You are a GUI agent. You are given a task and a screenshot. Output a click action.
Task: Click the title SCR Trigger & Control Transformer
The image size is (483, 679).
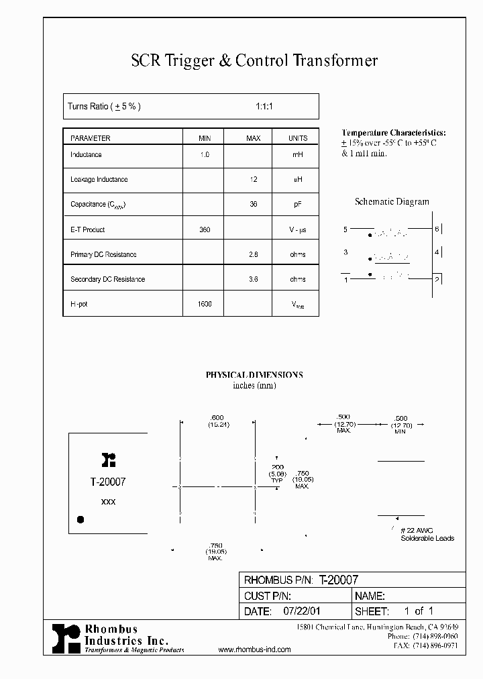point(254,61)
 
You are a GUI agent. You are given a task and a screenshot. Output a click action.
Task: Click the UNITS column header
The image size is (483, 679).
point(298,138)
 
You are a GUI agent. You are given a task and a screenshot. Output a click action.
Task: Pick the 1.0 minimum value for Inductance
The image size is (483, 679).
point(205,155)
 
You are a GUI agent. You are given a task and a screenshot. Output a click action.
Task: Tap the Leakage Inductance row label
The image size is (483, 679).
point(99,180)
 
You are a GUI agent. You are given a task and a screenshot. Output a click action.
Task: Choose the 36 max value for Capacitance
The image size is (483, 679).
point(254,205)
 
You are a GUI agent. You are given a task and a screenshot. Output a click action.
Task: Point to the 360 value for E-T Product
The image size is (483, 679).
point(205,229)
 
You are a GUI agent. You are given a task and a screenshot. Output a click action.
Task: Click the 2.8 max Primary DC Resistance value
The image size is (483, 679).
point(254,254)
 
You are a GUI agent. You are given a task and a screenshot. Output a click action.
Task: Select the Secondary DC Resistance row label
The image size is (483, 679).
point(107,279)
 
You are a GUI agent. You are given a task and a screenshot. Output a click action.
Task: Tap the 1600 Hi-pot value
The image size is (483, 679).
point(205,304)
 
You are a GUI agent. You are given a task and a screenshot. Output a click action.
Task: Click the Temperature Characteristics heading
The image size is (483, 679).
point(393,133)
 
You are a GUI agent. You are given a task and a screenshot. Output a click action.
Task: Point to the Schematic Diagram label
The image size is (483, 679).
point(392,201)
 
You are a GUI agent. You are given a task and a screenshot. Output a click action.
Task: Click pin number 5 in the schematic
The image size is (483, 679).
point(345,229)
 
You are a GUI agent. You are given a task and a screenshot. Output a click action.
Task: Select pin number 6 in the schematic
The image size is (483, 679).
point(437,229)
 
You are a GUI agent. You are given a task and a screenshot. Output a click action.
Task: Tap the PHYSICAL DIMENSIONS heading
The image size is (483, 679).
point(254,375)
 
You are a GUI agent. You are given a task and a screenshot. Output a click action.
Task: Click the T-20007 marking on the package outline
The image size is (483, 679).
point(107,482)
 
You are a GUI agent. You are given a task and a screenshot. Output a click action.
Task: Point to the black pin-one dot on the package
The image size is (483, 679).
point(80,519)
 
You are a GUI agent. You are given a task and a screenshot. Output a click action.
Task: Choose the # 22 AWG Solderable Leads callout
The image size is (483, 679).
point(427,534)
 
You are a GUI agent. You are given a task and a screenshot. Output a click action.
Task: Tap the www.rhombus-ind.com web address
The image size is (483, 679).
point(255,649)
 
